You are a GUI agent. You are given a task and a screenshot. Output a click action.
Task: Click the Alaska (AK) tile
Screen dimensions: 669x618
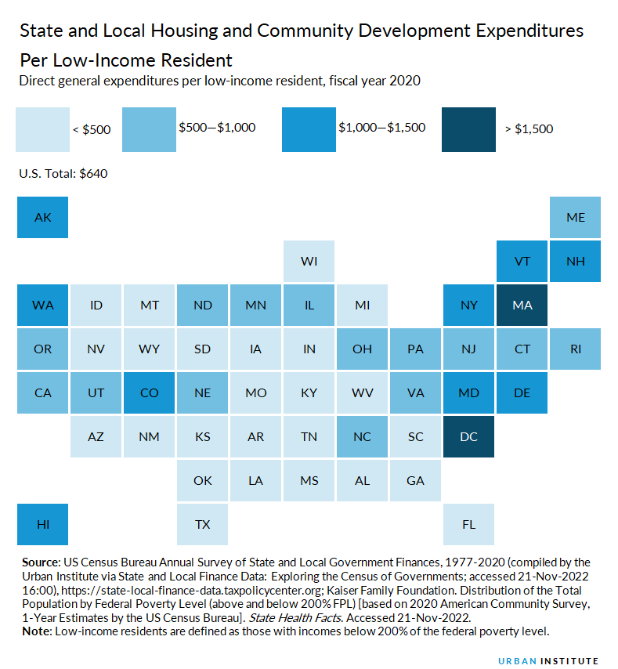[42, 217]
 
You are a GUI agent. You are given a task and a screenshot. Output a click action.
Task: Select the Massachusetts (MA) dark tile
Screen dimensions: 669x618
[522, 305]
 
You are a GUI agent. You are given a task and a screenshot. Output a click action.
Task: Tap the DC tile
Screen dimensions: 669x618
[468, 436]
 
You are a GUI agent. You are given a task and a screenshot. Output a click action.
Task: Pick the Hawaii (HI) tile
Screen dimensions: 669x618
[42, 524]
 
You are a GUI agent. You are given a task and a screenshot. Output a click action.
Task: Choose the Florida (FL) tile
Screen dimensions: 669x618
[468, 524]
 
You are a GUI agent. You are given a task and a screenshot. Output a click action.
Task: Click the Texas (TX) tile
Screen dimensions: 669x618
[202, 524]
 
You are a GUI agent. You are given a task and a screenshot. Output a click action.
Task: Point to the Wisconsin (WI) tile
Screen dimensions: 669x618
[309, 261]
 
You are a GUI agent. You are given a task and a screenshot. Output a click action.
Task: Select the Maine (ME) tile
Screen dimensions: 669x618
[575, 217]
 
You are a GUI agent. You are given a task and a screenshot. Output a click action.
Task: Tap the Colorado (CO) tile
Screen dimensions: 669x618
[149, 392]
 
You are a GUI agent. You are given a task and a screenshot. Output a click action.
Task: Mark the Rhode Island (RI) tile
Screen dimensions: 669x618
[575, 349]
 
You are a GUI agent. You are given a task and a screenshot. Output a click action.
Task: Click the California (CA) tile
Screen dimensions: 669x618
[42, 392]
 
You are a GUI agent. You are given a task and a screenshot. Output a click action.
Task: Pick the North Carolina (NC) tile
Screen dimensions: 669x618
[362, 436]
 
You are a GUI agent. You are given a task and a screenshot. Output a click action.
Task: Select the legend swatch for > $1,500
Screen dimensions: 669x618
[468, 128]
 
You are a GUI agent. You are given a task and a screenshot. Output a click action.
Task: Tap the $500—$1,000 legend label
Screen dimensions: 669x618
[217, 127]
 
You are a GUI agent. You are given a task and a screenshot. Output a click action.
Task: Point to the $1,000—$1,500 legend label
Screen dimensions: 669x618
[381, 127]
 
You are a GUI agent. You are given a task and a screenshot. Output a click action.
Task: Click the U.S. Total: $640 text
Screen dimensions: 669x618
[63, 174]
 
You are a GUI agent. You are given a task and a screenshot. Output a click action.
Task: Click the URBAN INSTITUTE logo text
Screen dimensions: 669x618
[548, 660]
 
